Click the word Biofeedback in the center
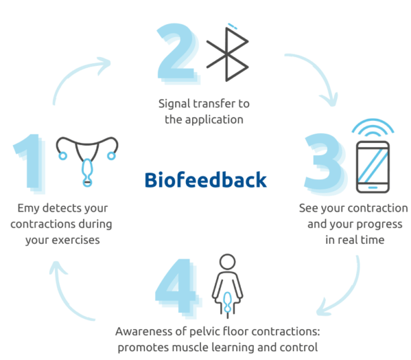[205, 180]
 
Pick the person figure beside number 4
[226, 285]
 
